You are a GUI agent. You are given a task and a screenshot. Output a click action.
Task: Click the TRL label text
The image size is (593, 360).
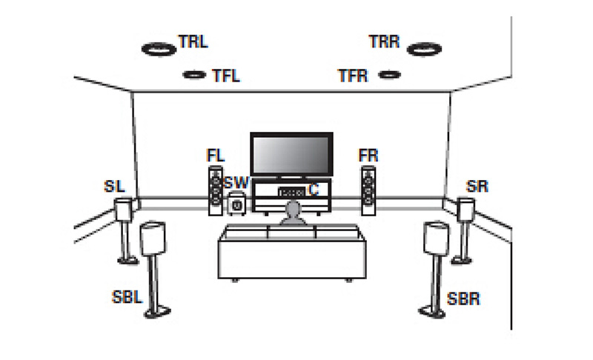click(x=193, y=41)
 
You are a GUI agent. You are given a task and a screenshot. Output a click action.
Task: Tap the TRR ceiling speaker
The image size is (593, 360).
click(x=424, y=49)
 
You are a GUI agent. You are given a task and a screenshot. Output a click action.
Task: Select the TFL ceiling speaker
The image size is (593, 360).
click(x=194, y=74)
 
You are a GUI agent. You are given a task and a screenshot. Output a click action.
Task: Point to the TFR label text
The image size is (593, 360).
click(x=353, y=76)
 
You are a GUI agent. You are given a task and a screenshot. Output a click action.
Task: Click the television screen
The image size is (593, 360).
click(x=291, y=155)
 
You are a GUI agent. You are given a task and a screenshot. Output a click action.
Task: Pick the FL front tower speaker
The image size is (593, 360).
click(x=216, y=191)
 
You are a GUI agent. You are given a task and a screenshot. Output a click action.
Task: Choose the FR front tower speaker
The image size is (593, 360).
click(x=368, y=191)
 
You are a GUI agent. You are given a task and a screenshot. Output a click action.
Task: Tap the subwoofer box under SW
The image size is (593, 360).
click(x=236, y=204)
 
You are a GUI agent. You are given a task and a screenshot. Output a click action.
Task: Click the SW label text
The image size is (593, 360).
click(x=236, y=183)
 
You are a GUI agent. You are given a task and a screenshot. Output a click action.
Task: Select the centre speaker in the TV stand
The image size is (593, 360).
click(x=291, y=193)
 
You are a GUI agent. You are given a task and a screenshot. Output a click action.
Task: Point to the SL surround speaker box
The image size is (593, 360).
click(x=123, y=210)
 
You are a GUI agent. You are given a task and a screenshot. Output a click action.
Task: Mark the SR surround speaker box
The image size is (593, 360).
click(x=466, y=210)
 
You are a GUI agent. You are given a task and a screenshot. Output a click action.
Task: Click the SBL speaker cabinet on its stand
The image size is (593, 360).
click(x=153, y=238)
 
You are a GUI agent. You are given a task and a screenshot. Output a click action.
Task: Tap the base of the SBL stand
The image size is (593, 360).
click(x=158, y=313)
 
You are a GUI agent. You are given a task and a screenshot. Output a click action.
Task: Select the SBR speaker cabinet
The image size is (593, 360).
click(x=436, y=238)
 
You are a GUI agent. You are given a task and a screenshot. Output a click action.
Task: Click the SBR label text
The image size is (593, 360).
click(x=463, y=299)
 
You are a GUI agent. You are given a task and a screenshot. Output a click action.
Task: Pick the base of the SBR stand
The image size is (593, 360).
click(x=431, y=312)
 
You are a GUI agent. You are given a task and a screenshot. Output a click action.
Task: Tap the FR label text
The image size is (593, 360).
click(x=368, y=156)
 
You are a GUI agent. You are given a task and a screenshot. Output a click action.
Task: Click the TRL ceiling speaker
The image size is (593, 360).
click(x=159, y=49)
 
